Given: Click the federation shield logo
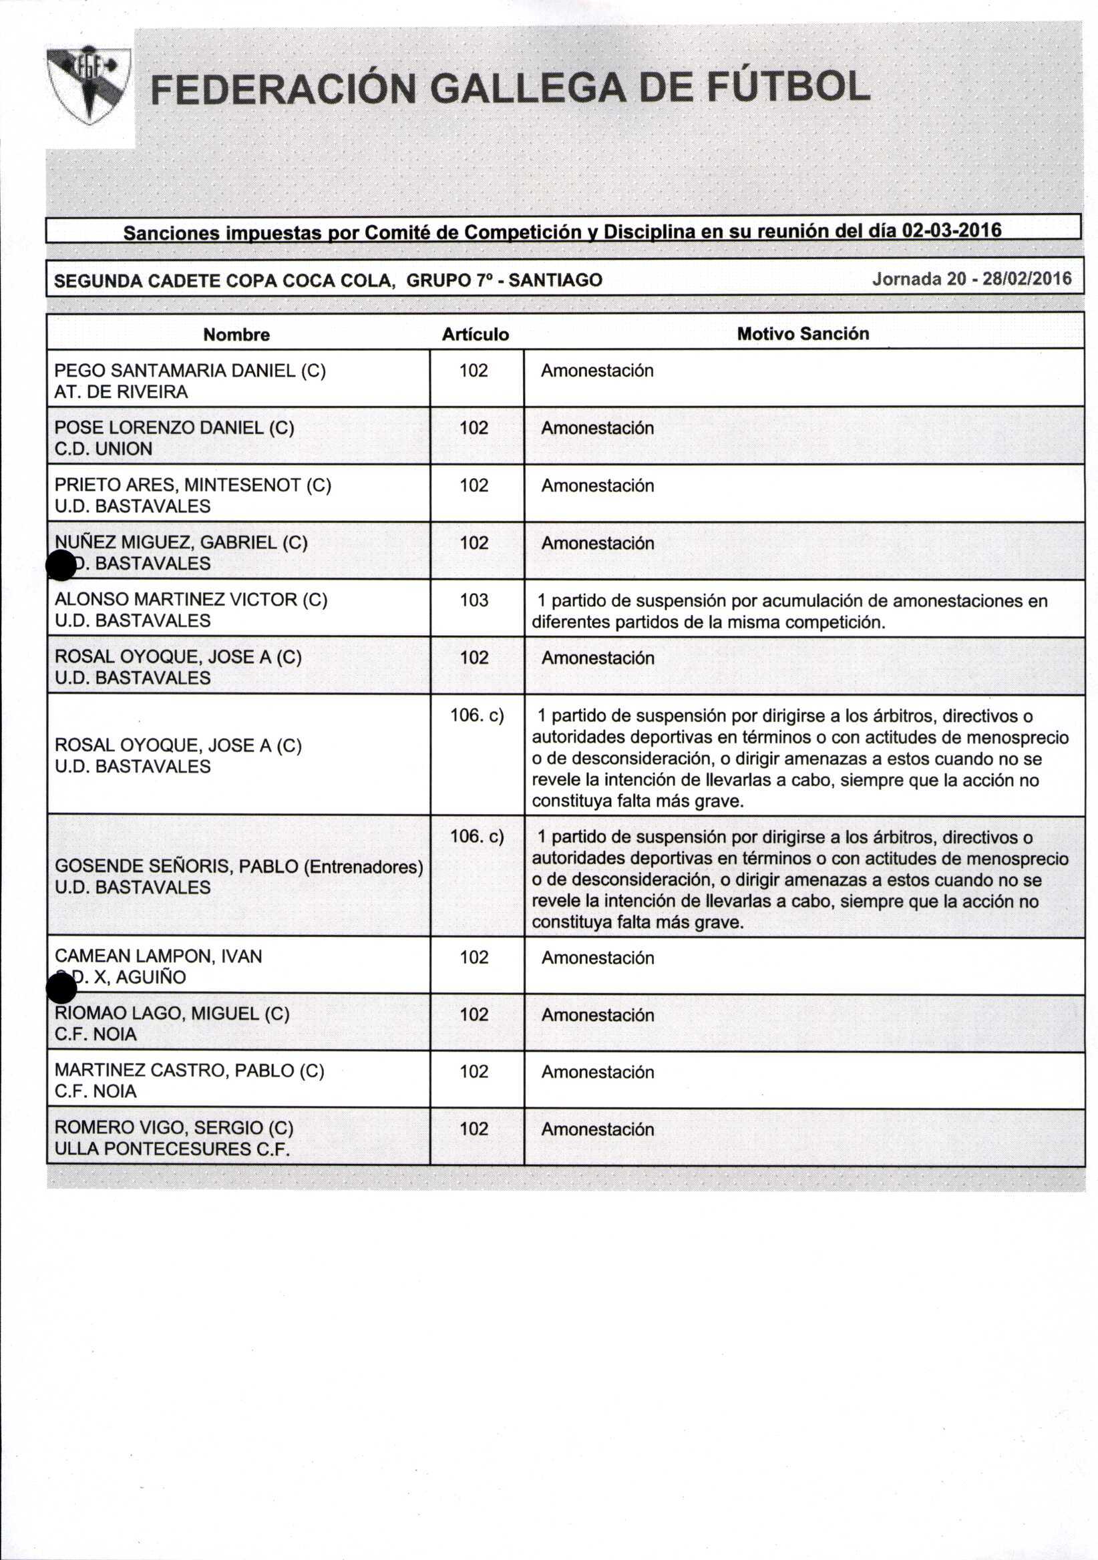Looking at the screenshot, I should (x=88, y=84).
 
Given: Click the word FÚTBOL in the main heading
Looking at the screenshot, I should (x=788, y=88).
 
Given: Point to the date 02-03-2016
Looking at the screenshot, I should (x=950, y=230).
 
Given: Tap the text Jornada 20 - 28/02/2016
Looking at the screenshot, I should (x=972, y=278).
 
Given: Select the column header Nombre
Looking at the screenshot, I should (x=236, y=335).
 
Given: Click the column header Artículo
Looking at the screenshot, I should (x=475, y=335).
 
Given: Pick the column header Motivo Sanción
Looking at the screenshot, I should (x=802, y=334).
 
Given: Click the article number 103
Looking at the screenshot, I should (x=474, y=600).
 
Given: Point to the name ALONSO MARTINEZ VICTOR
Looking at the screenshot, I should (x=178, y=599).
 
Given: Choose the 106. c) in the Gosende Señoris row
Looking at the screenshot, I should (x=477, y=835).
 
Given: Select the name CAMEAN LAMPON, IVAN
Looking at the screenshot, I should (x=158, y=956).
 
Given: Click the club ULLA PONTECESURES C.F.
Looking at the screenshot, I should (x=172, y=1148).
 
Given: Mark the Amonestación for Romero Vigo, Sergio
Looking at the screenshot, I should (x=597, y=1129).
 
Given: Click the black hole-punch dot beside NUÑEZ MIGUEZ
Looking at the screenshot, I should (x=61, y=565).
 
